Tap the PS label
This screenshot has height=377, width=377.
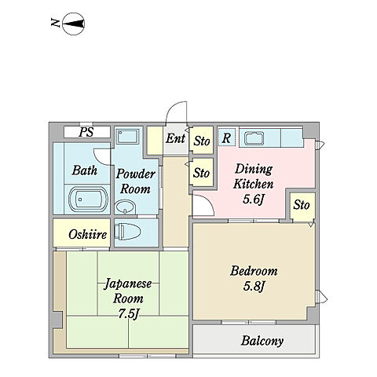[86, 132]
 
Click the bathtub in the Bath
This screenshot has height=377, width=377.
[89, 199]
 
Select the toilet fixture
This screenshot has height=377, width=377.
[127, 232]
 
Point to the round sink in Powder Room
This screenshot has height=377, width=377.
[125, 207]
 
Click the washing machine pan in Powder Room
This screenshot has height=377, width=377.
[127, 137]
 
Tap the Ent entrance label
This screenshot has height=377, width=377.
[176, 138]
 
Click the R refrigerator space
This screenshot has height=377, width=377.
[227, 137]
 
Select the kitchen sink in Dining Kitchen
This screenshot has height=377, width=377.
[254, 138]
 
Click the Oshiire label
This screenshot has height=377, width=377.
[88, 234]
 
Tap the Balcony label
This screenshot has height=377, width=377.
[262, 341]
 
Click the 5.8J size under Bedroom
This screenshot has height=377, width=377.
[254, 286]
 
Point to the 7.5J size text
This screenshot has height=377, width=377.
[128, 313]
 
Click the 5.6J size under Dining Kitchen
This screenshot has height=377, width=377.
[253, 199]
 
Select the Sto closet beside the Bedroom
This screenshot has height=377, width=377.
[302, 207]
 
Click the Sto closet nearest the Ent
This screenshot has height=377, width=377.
[201, 141]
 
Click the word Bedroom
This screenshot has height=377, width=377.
[254, 271]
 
